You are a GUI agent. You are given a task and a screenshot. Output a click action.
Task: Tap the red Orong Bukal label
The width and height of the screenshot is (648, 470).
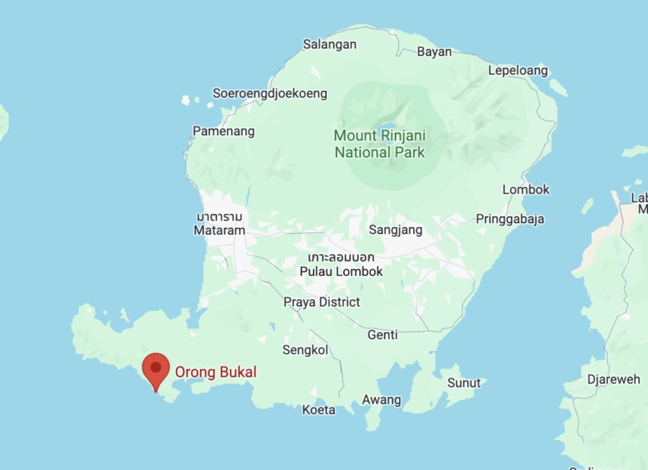215,372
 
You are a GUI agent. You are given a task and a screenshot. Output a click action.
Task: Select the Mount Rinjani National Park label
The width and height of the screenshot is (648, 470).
379,144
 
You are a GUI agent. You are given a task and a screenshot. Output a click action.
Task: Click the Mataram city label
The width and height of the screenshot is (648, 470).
220,230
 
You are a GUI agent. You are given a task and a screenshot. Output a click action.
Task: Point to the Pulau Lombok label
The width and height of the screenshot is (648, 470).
341,271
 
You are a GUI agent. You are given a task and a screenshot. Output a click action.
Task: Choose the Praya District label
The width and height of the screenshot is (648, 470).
322,302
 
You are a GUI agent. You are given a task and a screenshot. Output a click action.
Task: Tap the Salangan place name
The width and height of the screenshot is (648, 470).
329,44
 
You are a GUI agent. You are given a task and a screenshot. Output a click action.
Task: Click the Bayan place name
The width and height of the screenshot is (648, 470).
434,52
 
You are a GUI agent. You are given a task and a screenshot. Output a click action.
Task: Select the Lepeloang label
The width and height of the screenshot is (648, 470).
518,71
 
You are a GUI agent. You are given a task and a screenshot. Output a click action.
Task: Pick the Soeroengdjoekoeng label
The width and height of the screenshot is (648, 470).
270,94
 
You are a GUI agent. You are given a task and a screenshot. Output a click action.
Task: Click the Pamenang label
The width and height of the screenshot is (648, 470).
223,131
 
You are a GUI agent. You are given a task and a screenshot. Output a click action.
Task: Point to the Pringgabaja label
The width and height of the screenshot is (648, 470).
510,219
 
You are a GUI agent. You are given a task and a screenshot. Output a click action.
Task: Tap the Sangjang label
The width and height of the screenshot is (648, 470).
395,230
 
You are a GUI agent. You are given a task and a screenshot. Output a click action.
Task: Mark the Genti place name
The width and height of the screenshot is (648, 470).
383,335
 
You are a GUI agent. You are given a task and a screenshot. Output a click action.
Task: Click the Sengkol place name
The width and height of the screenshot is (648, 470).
305,350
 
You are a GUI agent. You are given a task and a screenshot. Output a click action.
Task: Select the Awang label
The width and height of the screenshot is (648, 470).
382,400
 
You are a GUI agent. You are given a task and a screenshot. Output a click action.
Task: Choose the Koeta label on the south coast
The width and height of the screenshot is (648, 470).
319,410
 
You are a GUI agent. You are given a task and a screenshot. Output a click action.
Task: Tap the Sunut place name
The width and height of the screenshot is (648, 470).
464,382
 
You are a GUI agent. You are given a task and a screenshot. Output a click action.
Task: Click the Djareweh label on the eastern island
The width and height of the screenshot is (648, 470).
614,379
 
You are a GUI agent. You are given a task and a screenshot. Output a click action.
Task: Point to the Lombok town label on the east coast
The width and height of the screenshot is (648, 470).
526,189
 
